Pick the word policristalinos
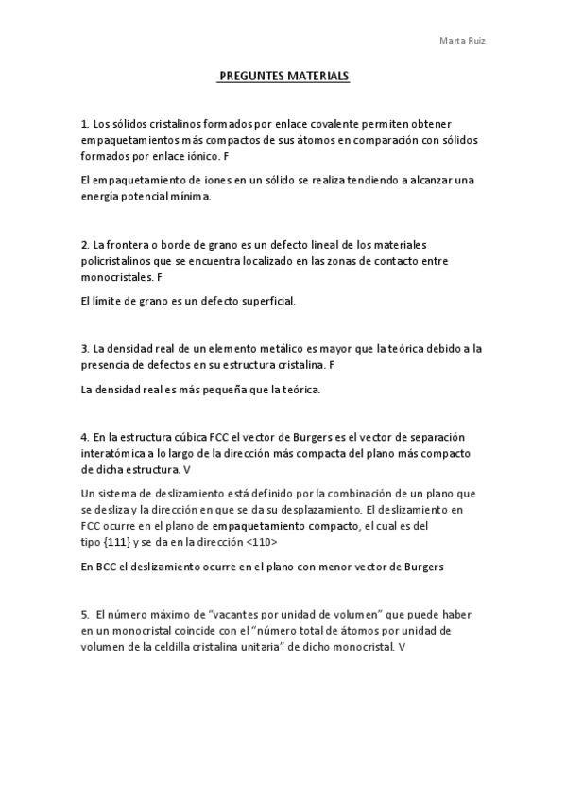(117, 263)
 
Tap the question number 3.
(85, 349)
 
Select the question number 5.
(85, 615)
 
